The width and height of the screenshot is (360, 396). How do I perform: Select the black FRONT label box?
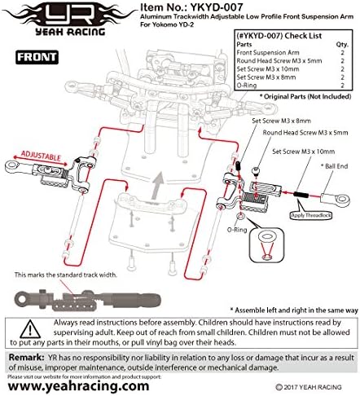33,57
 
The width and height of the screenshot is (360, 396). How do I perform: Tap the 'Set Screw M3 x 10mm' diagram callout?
302,152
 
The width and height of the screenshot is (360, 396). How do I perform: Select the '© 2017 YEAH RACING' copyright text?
314,388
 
